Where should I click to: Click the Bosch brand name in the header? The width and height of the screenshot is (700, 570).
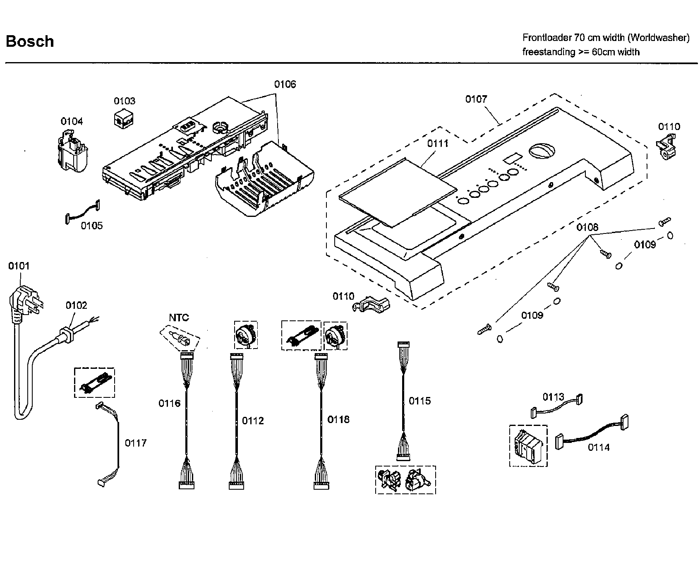[x=30, y=41]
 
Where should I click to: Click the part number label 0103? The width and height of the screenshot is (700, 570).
[x=125, y=101]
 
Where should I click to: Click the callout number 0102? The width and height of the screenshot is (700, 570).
[x=77, y=305]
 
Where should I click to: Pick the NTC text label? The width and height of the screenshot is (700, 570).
[x=179, y=317]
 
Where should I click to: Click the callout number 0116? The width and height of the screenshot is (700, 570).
[x=170, y=403]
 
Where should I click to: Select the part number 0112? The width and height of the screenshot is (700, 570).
[x=253, y=421]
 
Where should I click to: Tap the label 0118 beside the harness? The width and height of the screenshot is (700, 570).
[x=338, y=420]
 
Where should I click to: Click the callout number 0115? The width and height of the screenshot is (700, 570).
[x=420, y=401]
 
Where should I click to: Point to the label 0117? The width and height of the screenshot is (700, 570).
[x=136, y=443]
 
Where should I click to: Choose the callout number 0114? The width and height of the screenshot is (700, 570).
[x=599, y=447]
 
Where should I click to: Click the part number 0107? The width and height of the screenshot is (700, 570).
[x=476, y=99]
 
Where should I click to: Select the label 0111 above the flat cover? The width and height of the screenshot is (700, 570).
[x=438, y=143]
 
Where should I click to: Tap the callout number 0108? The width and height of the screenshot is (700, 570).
[x=587, y=227]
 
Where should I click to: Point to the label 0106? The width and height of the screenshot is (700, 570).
[x=285, y=84]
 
